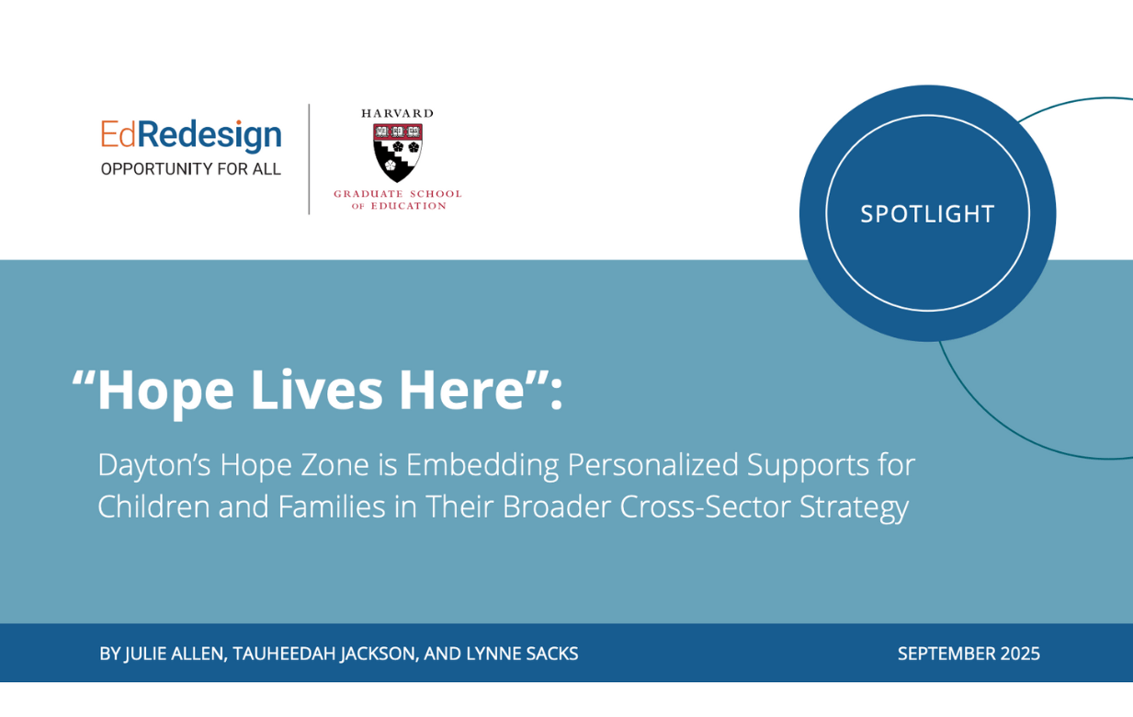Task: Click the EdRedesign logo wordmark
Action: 191,136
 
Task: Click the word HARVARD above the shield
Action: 397,113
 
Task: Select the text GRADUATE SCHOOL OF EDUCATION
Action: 397,199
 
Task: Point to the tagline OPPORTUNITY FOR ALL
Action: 191,169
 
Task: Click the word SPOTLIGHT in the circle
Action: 927,214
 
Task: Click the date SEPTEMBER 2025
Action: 969,654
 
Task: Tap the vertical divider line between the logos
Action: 309,159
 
